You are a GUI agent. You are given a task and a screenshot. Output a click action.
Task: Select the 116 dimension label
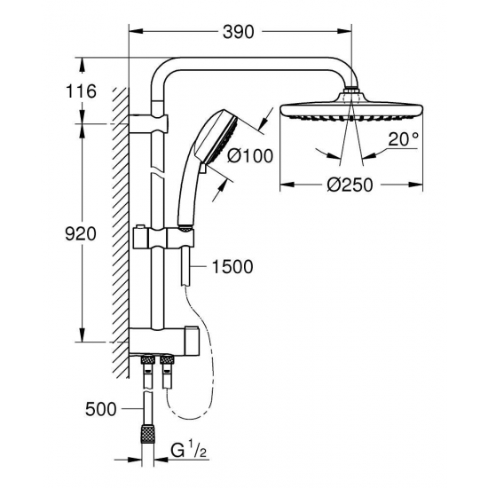(82, 91)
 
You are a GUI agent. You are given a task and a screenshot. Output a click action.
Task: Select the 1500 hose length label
(232, 265)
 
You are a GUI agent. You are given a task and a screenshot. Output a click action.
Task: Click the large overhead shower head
(353, 112)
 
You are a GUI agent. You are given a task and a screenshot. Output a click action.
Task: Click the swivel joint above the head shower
(353, 91)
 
